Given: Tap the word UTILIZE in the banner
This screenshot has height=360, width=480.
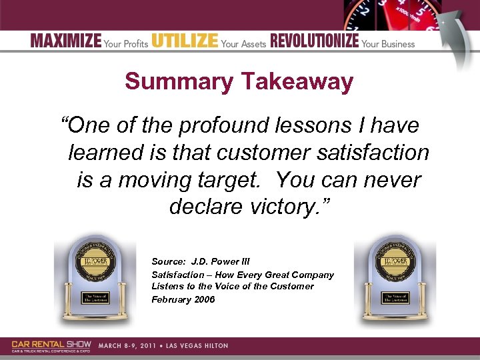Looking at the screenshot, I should tap(185, 41).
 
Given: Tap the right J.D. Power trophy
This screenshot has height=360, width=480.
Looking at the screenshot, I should tap(393, 280).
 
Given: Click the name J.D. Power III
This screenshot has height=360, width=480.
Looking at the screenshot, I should tap(220, 262).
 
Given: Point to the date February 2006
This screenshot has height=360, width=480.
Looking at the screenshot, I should tap(183, 299).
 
